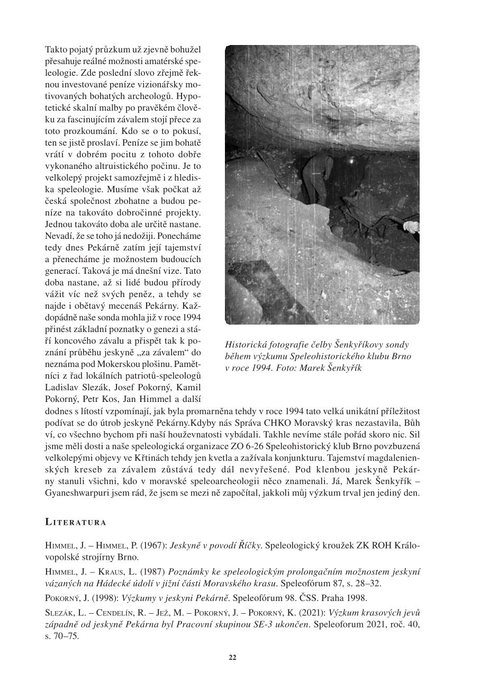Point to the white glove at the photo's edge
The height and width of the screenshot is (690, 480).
pyautogui.click(x=411, y=227)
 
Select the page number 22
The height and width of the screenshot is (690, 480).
pyautogui.click(x=232, y=657)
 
